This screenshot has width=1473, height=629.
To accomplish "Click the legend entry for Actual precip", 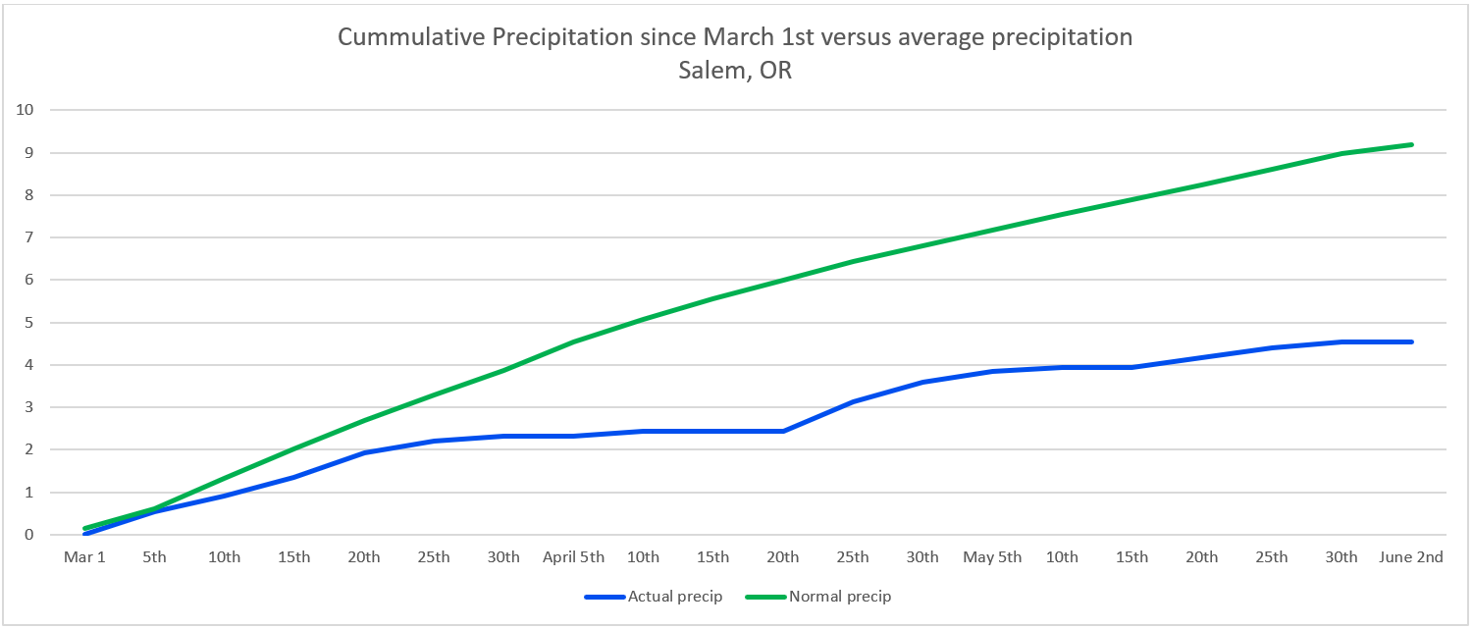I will pyautogui.click(x=654, y=596).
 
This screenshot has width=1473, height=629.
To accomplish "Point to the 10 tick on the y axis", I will pyautogui.click(x=25, y=110).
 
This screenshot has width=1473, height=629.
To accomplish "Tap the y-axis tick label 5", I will pyautogui.click(x=29, y=323).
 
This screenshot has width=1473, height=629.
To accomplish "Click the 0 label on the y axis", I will pyautogui.click(x=29, y=535).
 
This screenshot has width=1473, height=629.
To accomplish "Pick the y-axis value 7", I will pyautogui.click(x=29, y=237).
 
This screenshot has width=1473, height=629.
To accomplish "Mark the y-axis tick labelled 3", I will pyautogui.click(x=29, y=407).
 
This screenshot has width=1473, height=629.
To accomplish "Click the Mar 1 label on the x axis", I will pyautogui.click(x=84, y=557).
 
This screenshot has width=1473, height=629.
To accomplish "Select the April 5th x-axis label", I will pyautogui.click(x=573, y=557).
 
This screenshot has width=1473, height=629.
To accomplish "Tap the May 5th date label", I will pyautogui.click(x=992, y=557).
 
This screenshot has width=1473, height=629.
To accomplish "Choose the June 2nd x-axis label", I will pyautogui.click(x=1411, y=557).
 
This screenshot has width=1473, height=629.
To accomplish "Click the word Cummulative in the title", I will pyautogui.click(x=409, y=37).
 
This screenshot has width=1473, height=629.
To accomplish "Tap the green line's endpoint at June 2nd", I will pyautogui.click(x=1411, y=145).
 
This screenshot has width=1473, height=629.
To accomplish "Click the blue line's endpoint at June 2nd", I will pyautogui.click(x=1411, y=341).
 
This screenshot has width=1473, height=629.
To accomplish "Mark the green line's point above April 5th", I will pyautogui.click(x=573, y=341).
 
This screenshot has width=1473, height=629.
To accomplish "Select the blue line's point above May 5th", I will pyautogui.click(x=992, y=371).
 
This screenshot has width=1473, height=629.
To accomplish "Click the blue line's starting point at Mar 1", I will pyautogui.click(x=85, y=534).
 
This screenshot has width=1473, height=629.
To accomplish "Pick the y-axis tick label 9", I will pyautogui.click(x=29, y=152).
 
